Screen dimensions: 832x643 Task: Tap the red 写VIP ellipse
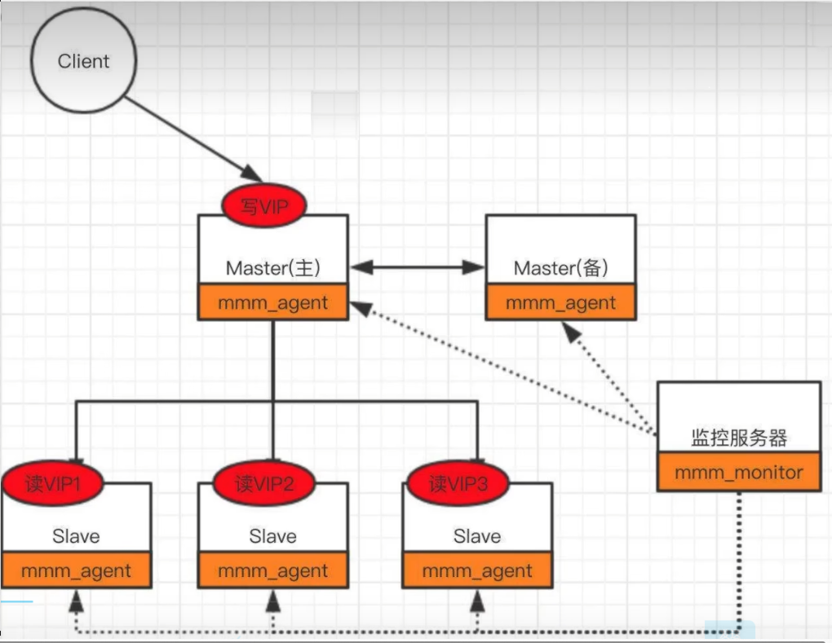point(263,205)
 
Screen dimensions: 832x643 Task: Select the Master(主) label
point(272,267)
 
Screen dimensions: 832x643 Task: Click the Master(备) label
point(561,267)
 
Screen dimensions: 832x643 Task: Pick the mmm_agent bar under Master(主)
point(272,302)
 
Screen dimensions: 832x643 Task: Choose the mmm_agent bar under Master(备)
point(561,302)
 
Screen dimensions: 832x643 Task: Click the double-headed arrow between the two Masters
point(418,267)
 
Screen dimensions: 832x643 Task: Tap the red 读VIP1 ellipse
point(52,483)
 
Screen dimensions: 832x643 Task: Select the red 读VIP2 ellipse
point(263,483)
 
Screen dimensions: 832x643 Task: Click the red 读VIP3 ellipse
point(458,483)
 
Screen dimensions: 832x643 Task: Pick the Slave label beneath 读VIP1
point(76,536)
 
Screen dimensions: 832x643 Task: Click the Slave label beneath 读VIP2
point(272,536)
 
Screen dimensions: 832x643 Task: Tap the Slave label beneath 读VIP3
point(477,536)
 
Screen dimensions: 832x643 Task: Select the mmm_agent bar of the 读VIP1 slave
point(77,570)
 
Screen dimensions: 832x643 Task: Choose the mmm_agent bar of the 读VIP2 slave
point(272,570)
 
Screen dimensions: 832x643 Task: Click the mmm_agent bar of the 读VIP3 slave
point(477,570)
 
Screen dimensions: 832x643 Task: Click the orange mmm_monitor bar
point(739,472)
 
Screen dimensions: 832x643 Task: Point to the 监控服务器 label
point(739,438)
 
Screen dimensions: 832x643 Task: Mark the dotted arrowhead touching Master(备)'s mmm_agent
point(571,333)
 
